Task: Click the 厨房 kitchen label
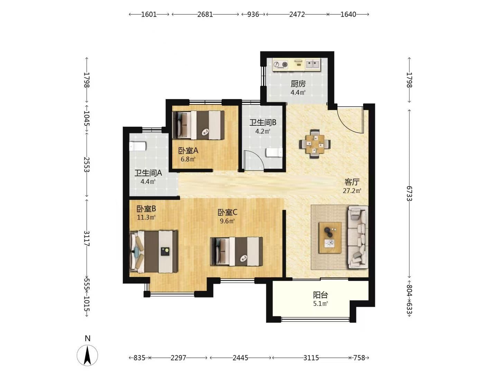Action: [298, 84]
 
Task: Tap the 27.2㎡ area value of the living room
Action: [352, 191]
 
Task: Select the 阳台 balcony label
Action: [320, 295]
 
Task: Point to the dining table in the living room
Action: [315, 144]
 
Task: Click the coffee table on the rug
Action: [330, 238]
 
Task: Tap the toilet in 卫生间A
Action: [138, 146]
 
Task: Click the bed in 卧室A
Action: [198, 125]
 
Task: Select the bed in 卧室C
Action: [237, 251]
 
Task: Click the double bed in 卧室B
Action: [153, 252]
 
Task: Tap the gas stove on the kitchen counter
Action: [280, 64]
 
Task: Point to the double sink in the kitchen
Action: [313, 64]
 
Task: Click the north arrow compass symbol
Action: [87, 356]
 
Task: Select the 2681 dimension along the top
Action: [205, 14]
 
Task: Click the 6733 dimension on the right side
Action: [409, 194]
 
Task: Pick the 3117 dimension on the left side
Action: [87, 239]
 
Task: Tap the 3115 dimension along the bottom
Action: [311, 358]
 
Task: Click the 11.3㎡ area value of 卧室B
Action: [146, 217]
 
